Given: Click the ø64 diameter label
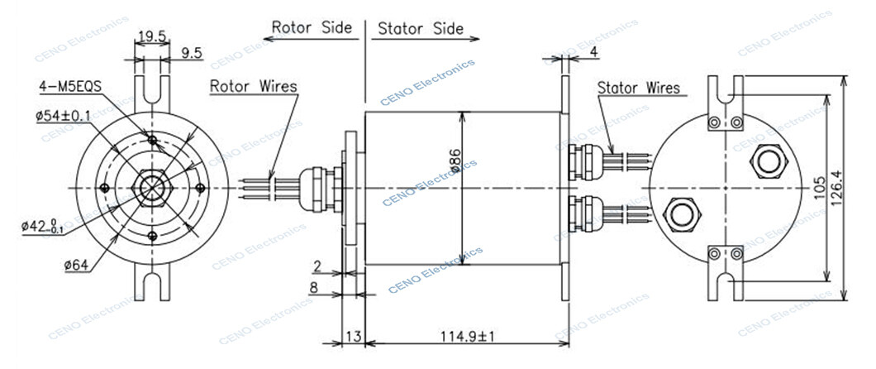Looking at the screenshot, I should (76, 264).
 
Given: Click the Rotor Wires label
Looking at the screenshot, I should (253, 86).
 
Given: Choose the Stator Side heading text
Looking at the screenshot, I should (416, 29).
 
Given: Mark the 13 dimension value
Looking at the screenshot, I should (353, 337).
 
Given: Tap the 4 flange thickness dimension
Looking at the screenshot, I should (594, 52).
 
